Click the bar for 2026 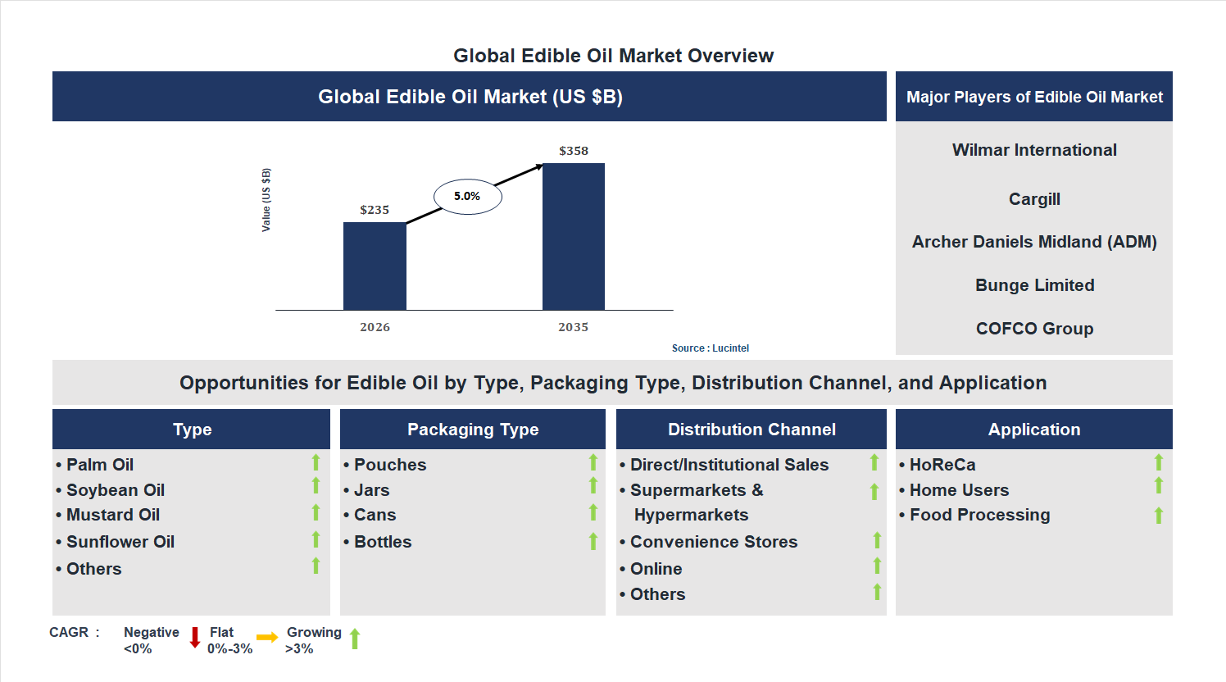[x=375, y=266]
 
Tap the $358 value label [x=574, y=151]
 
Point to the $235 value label [x=375, y=210]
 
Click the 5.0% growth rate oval [x=467, y=197]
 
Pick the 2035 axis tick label [x=574, y=327]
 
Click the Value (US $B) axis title [x=266, y=200]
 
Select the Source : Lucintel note [x=711, y=348]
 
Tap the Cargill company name [x=1034, y=199]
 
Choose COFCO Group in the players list [x=1034, y=329]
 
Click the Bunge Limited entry [x=1034, y=285]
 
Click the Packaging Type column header [x=473, y=430]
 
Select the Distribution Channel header [x=751, y=430]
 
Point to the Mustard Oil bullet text [x=113, y=515]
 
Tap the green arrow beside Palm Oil [x=316, y=463]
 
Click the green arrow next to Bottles [x=593, y=541]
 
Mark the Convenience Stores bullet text [x=714, y=542]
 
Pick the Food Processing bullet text [x=979, y=515]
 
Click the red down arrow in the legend [x=195, y=638]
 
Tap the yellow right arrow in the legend [x=267, y=638]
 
